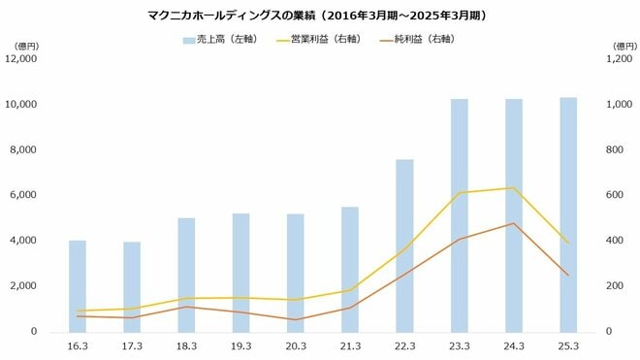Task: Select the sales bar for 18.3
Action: pos(186,276)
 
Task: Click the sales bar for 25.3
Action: pos(568,215)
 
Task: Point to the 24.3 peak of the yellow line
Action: pos(513,188)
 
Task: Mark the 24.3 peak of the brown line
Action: pos(513,223)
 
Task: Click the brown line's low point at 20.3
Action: pos(295,319)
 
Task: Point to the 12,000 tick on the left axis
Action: pos(21,58)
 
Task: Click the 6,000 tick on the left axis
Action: pos(24,195)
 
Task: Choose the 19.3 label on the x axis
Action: pos(240,345)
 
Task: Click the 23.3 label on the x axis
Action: pos(459,345)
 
